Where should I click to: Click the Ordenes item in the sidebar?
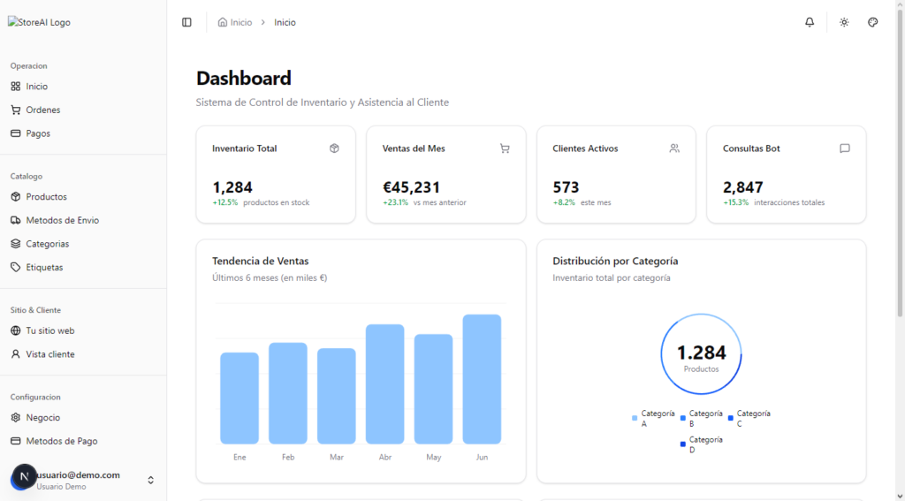(42, 110)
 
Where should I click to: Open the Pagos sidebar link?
(38, 133)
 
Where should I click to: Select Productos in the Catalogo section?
(46, 197)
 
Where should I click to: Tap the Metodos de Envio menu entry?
(62, 220)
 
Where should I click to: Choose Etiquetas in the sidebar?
(44, 267)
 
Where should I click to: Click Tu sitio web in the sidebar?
(49, 330)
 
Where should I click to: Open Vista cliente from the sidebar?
(49, 354)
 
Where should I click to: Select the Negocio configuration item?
(42, 417)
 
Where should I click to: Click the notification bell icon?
(810, 22)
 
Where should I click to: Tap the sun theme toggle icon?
(844, 22)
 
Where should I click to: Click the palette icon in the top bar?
(872, 22)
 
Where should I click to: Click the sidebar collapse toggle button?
(186, 22)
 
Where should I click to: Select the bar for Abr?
(384, 383)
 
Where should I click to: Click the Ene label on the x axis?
(240, 457)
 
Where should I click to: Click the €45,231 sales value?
(411, 187)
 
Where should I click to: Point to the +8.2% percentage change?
(564, 202)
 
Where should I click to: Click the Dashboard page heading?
(243, 79)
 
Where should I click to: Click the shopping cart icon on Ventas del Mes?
(505, 148)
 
